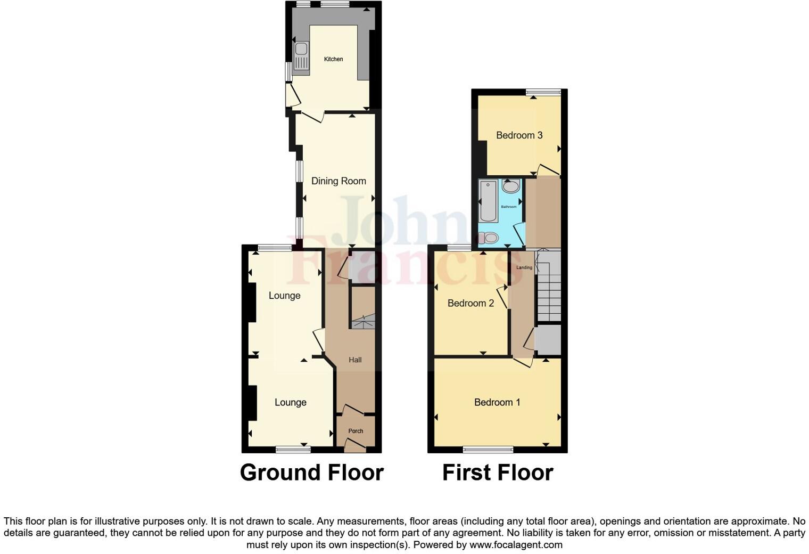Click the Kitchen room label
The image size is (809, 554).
[x=334, y=59]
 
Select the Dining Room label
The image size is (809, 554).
[x=339, y=181]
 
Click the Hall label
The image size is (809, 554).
[x=355, y=360]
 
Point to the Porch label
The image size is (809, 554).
[x=356, y=431]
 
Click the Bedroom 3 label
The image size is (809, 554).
[x=519, y=135]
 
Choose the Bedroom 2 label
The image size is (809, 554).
[x=470, y=303]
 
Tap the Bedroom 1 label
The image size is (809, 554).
[x=497, y=402]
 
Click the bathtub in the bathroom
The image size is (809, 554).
[x=488, y=201]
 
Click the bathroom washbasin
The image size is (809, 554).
[x=511, y=186]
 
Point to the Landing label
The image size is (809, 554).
[x=524, y=267]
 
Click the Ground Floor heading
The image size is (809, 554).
[x=311, y=472]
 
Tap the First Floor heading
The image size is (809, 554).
[x=498, y=472]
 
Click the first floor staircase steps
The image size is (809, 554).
[x=549, y=290]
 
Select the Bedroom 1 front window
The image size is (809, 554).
[x=488, y=450]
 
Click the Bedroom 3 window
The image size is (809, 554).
[x=543, y=92]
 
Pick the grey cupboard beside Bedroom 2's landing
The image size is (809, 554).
[x=548, y=339]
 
